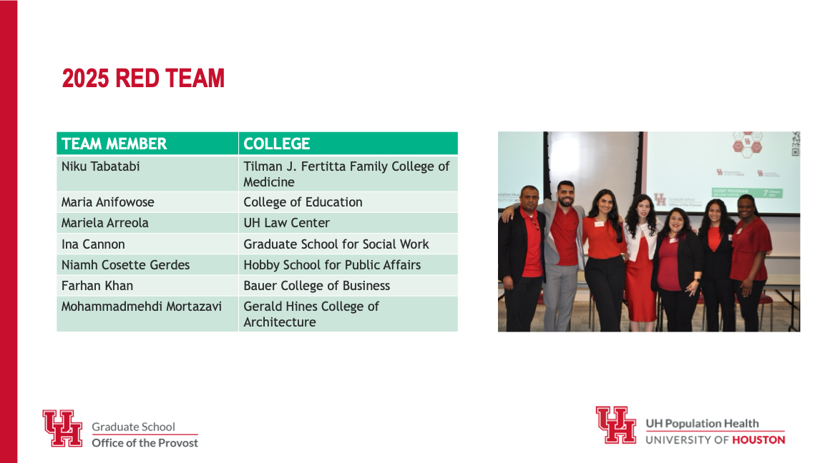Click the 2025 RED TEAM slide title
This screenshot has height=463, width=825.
pos(143,79)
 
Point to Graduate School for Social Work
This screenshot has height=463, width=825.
pos(336,244)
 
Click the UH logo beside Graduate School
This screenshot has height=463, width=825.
pos(63,428)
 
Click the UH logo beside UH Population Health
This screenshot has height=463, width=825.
pos(616,424)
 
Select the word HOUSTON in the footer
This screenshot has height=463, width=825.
pos(758,440)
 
